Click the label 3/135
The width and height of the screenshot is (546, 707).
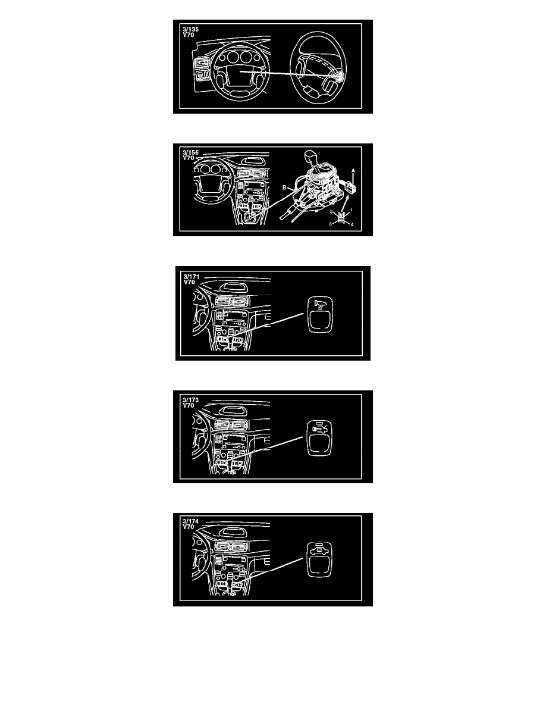tap(190, 29)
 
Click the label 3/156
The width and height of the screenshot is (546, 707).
tap(190, 152)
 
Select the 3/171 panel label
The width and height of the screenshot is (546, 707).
tap(191, 276)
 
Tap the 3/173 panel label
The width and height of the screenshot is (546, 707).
tap(190, 399)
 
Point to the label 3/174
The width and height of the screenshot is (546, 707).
tap(190, 521)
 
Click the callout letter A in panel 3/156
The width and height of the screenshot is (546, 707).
tap(353, 171)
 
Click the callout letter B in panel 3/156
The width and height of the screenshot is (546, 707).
tap(284, 187)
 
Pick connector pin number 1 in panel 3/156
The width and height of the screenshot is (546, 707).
tap(352, 210)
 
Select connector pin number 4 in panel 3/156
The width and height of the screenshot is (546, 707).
tap(352, 224)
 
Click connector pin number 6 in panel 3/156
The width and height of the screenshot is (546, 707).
tap(330, 224)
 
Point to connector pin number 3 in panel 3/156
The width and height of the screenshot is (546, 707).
tap(331, 211)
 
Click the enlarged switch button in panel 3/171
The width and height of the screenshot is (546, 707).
tap(320, 314)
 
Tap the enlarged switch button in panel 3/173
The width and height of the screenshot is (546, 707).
tap(319, 437)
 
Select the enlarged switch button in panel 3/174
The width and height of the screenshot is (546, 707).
tap(319, 559)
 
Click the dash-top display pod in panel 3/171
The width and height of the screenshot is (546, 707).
tap(233, 287)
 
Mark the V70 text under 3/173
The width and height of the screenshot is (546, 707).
tap(189, 405)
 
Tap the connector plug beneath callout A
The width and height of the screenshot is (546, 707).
tap(353, 185)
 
